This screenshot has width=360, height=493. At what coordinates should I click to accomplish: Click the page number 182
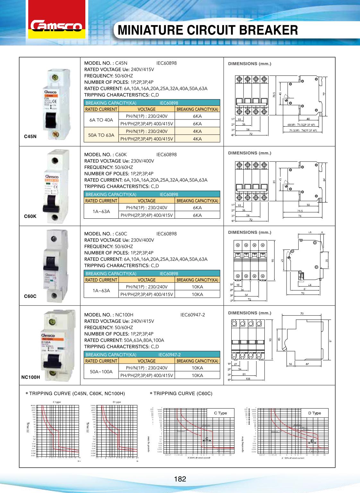click(x=180, y=479)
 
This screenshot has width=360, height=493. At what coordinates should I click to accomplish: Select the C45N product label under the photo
click(x=30, y=136)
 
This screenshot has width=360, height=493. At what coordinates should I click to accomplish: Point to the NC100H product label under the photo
click(x=30, y=377)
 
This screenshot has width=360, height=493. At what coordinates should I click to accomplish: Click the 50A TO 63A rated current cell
click(x=101, y=135)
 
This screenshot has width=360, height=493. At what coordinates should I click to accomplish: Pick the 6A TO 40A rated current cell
click(x=101, y=120)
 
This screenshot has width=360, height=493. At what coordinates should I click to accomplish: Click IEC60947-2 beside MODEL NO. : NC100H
click(x=193, y=315)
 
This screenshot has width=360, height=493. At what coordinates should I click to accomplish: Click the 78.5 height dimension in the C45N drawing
click(x=274, y=95)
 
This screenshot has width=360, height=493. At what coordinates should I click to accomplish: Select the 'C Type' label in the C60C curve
click(x=220, y=413)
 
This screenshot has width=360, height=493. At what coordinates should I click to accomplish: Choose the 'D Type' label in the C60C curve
click(x=314, y=413)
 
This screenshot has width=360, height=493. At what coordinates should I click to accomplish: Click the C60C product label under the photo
click(x=30, y=296)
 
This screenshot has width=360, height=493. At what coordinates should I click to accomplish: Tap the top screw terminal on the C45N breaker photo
click(x=58, y=78)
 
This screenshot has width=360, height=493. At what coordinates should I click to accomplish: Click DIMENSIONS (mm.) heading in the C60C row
click(x=250, y=232)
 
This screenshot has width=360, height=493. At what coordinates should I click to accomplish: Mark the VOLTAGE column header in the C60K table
click(x=146, y=201)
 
